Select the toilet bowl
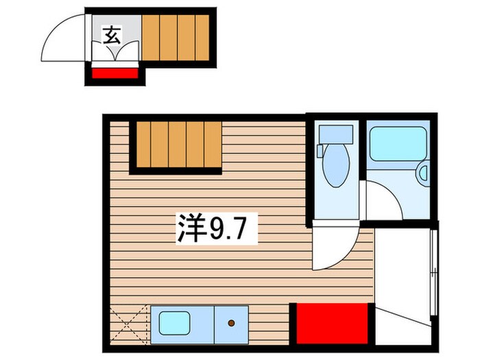click(335, 169)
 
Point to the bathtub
click(397, 144)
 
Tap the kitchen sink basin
click(174, 322)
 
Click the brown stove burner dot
click(232, 322)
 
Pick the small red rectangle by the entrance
click(115, 72)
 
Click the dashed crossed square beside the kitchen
click(129, 323)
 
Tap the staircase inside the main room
click(177, 145)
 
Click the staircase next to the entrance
click(175, 38)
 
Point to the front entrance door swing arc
click(63, 34)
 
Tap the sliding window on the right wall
click(433, 274)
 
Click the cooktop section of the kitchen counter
click(232, 322)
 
